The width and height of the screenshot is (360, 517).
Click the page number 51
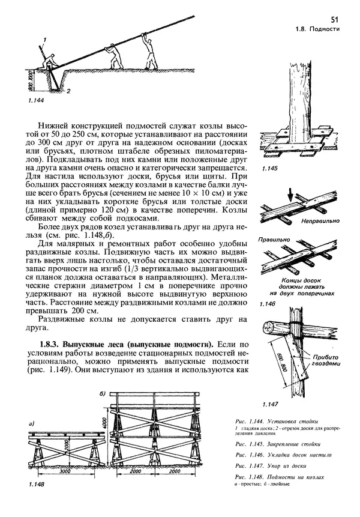(x=334, y=20)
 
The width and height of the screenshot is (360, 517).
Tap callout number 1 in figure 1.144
(x=43, y=40)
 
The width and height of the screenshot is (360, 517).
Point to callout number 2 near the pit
(x=69, y=92)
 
